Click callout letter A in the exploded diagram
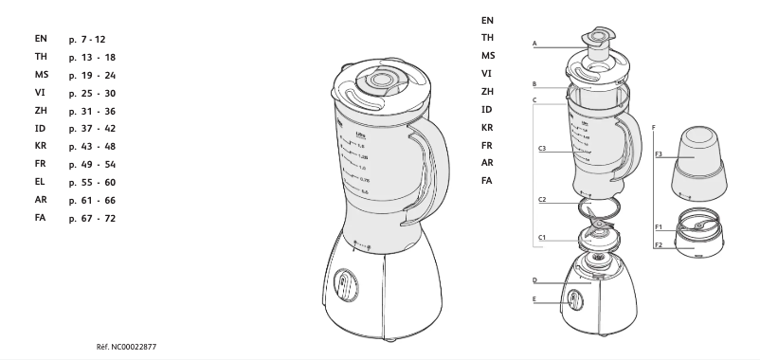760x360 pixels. (535, 45)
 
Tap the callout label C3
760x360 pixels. (542, 150)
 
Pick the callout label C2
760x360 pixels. (542, 201)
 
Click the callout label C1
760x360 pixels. (542, 237)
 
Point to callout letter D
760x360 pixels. (535, 280)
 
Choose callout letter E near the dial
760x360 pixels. (535, 299)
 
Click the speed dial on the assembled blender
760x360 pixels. (342, 281)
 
